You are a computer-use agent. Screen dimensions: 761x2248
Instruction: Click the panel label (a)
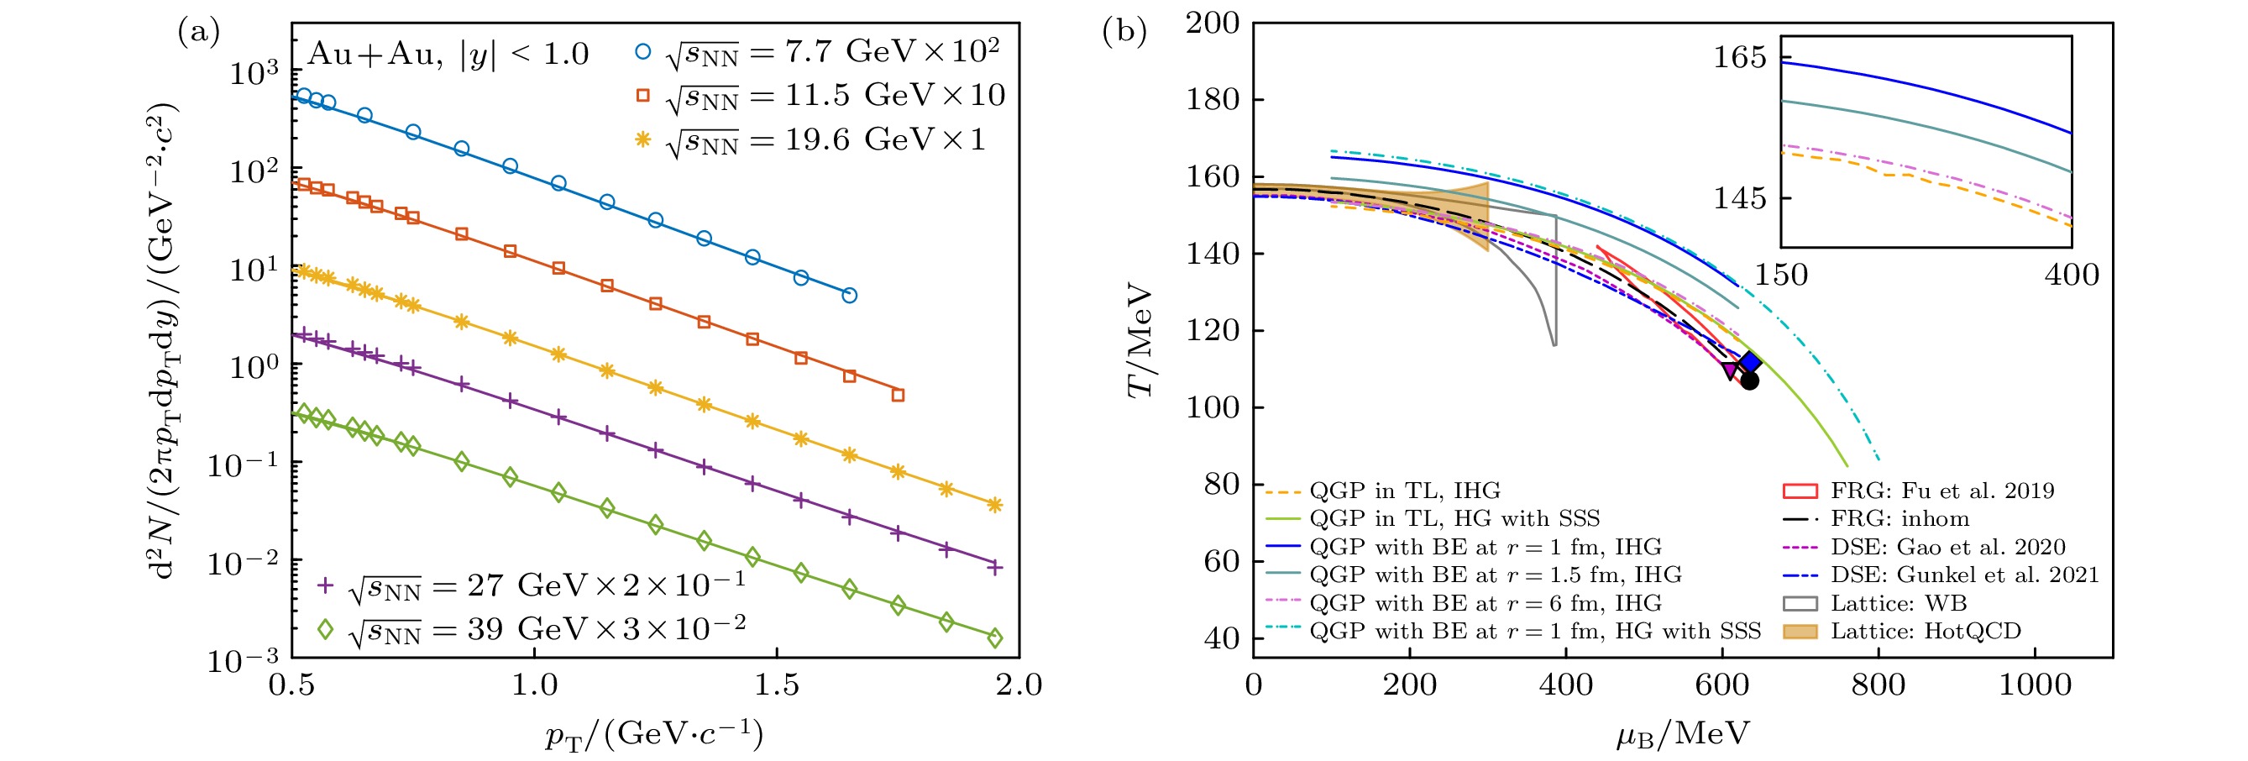click(198, 33)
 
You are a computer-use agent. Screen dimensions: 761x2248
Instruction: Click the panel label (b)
click(1124, 32)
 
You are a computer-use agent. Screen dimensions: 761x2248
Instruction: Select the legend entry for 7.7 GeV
click(816, 52)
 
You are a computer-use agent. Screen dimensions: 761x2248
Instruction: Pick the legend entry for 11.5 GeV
click(820, 95)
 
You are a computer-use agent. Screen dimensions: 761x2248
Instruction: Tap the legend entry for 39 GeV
click(532, 629)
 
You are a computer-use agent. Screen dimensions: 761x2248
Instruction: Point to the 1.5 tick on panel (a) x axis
click(777, 685)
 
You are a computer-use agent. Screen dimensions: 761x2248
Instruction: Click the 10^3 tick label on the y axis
click(254, 73)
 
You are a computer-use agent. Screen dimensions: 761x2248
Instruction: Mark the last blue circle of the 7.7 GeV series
click(849, 296)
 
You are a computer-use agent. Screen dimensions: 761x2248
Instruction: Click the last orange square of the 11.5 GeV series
click(898, 396)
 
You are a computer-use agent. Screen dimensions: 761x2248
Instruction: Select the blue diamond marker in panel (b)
click(1750, 362)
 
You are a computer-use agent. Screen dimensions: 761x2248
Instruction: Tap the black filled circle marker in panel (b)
click(1750, 380)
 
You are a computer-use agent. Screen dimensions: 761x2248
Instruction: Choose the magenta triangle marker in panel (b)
click(1730, 371)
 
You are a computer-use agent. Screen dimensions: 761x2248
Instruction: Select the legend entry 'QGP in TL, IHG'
click(1382, 491)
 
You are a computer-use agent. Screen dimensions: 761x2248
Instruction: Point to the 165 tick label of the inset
click(1739, 58)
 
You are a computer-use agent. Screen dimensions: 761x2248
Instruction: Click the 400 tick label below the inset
click(2071, 276)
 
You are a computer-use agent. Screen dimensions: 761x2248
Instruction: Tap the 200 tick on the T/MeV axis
click(1212, 24)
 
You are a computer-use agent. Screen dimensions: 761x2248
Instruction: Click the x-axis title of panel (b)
click(1682, 734)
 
